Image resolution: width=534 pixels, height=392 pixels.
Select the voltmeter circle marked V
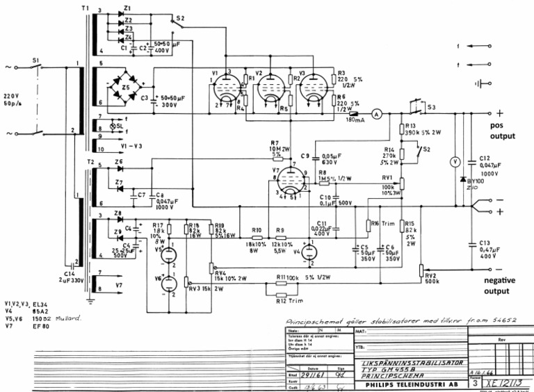coord(455,161)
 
